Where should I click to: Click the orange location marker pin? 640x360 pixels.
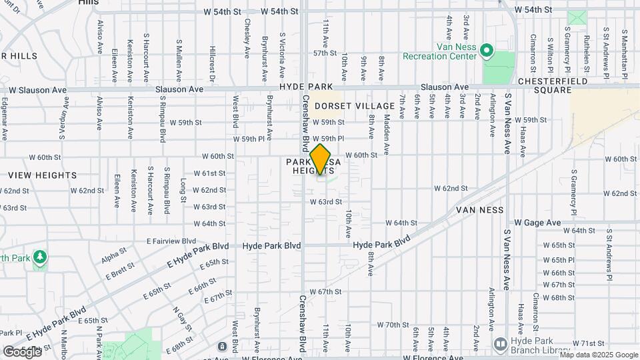321,159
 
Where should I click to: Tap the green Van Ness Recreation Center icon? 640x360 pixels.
487,51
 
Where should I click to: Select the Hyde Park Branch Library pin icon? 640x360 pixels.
501,343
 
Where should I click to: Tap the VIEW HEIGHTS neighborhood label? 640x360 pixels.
43,175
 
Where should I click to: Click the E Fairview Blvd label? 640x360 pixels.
171,241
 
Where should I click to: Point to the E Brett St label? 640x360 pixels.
120,271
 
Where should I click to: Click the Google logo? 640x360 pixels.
22,351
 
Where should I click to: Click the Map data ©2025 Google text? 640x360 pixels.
599,355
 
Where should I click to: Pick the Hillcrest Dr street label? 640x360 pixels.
212,64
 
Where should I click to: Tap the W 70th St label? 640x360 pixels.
392,325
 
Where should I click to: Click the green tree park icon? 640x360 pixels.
40,257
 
